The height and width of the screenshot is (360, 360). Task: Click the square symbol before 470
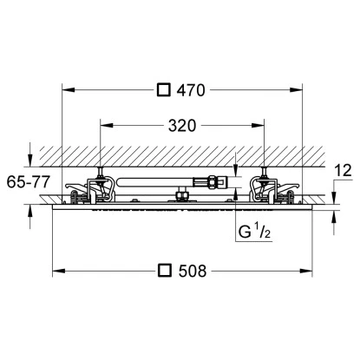coord(163,88)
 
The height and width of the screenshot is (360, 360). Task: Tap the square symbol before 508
coord(163,271)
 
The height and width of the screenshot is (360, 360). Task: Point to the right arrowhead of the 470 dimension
coord(301,88)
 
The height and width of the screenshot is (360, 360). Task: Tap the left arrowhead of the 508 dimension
coord(57,271)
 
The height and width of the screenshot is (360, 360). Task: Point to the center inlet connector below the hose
coord(182,197)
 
